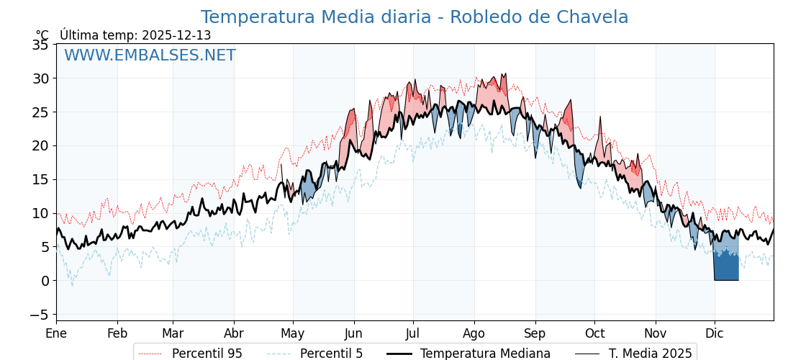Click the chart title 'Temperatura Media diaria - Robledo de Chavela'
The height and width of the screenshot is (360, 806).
414,17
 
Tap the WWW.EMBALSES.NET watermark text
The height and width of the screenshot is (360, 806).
150,55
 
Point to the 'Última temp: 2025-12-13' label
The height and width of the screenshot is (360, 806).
135,35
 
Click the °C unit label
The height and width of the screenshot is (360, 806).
42,35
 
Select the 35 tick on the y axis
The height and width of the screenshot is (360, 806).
40,45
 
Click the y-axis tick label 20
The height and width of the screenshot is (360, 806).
40,145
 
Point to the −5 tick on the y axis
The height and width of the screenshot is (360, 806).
37,315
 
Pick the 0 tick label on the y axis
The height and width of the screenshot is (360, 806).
44,281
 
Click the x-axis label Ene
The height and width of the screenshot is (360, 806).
56,333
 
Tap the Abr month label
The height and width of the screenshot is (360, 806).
234,333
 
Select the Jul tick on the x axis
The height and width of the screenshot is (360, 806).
413,333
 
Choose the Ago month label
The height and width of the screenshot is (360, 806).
474,333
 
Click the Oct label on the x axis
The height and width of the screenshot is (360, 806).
594,333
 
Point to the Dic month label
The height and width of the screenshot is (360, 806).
715,333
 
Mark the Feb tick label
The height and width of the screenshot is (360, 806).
117,333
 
